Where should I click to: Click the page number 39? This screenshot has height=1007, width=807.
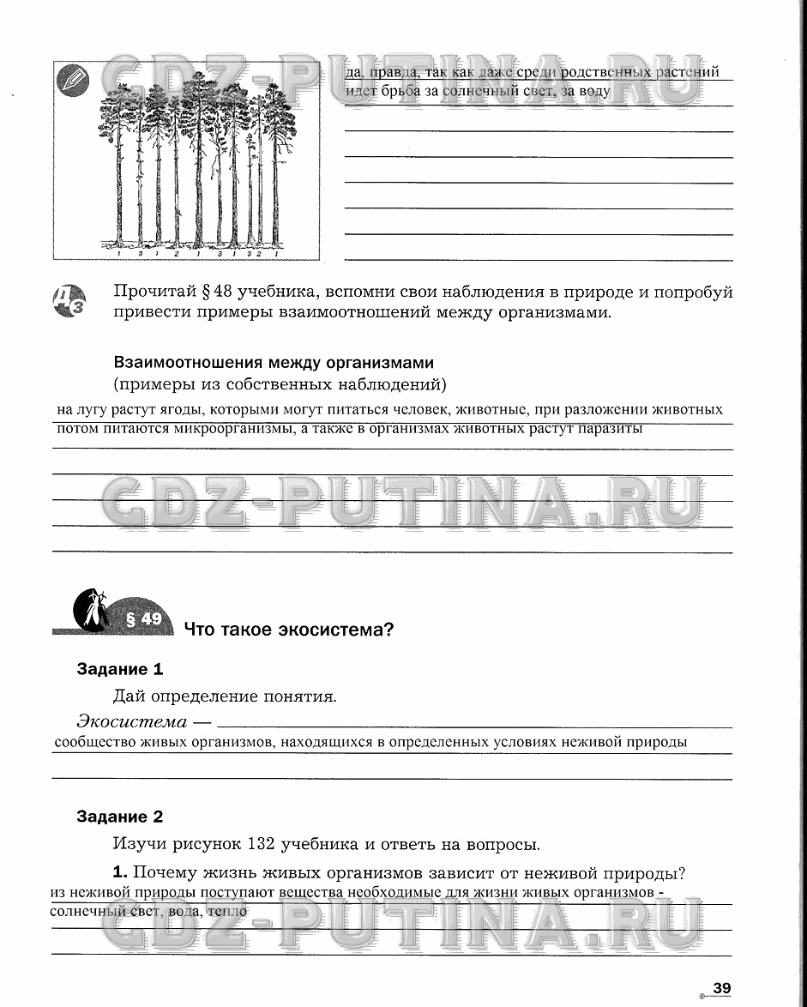pos(722,988)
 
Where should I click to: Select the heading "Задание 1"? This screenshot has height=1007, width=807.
pos(120,669)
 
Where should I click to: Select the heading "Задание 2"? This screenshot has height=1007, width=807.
pos(120,817)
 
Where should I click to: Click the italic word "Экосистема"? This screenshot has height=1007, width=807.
pos(131,721)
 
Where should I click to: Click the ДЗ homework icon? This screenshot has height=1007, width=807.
pos(69,301)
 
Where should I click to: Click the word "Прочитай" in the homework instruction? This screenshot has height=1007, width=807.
pos(152,292)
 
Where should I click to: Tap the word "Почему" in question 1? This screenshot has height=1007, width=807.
pos(168,874)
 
